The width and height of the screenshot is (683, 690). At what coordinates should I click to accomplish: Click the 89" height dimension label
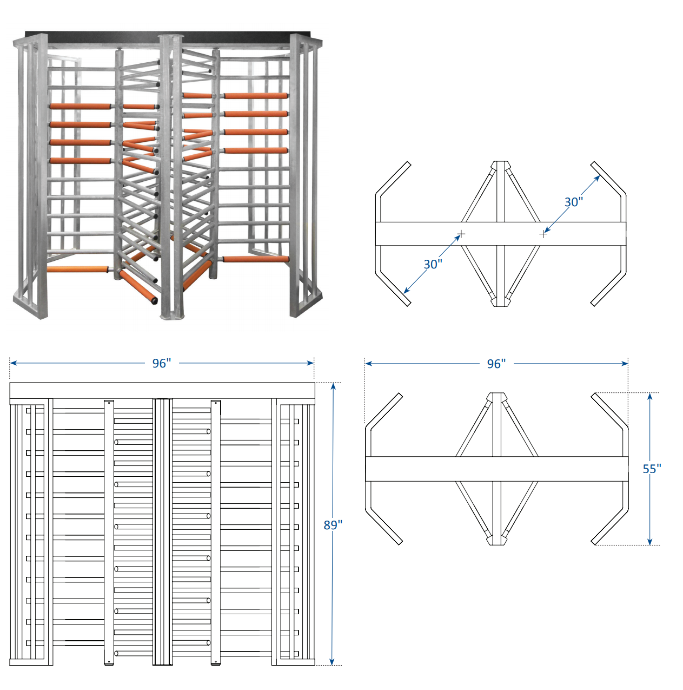pyautogui.click(x=333, y=524)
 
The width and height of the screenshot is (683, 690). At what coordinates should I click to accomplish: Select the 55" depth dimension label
pyautogui.click(x=652, y=469)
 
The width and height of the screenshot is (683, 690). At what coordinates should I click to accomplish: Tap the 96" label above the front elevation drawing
pyautogui.click(x=161, y=363)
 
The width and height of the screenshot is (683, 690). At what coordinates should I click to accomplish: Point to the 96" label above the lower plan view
pyautogui.click(x=496, y=364)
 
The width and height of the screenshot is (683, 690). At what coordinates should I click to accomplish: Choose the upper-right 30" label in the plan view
pyautogui.click(x=573, y=202)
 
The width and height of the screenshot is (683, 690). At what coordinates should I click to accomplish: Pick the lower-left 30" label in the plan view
pyautogui.click(x=433, y=264)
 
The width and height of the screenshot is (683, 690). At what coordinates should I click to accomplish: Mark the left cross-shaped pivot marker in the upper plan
pyautogui.click(x=461, y=234)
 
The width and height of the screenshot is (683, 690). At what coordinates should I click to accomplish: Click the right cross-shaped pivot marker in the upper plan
pyautogui.click(x=543, y=234)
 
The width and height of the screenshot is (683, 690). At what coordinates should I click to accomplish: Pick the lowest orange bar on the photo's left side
pyautogui.click(x=78, y=269)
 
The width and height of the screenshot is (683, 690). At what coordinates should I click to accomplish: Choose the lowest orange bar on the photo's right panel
pyautogui.click(x=256, y=259)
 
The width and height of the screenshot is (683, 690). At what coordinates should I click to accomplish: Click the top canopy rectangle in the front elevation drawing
pyautogui.click(x=162, y=390)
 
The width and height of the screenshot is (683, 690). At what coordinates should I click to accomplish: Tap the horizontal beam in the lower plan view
pyautogui.click(x=496, y=469)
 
